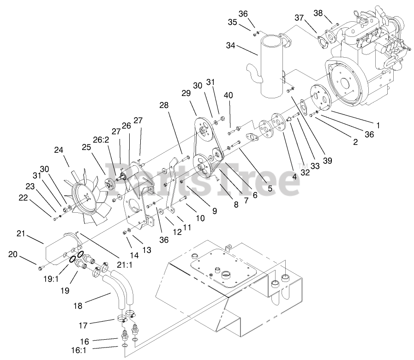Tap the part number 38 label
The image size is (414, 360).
click(x=318, y=13)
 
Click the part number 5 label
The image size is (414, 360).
click(x=270, y=188)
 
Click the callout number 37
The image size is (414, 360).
click(x=300, y=18)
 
